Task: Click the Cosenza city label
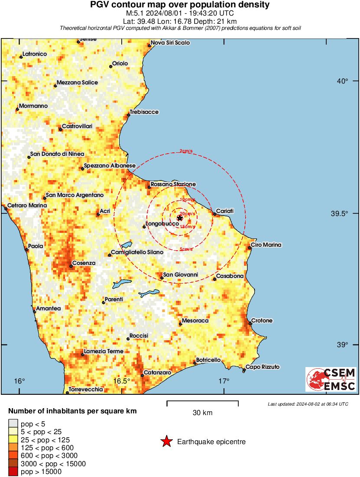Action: click(x=84, y=263)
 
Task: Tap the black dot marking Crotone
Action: click(x=250, y=323)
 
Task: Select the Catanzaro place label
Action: click(x=157, y=372)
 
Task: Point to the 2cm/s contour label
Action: click(x=186, y=151)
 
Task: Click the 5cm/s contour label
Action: click(x=186, y=249)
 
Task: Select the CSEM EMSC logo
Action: click(x=331, y=380)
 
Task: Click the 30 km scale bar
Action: click(x=202, y=403)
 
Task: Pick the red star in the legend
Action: click(x=166, y=442)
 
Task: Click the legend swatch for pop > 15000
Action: click(x=13, y=471)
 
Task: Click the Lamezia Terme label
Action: click(x=104, y=351)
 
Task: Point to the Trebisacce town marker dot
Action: click(x=129, y=115)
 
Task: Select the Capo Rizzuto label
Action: click(x=263, y=367)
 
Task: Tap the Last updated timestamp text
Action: click(x=308, y=404)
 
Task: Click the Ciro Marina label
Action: click(x=266, y=245)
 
